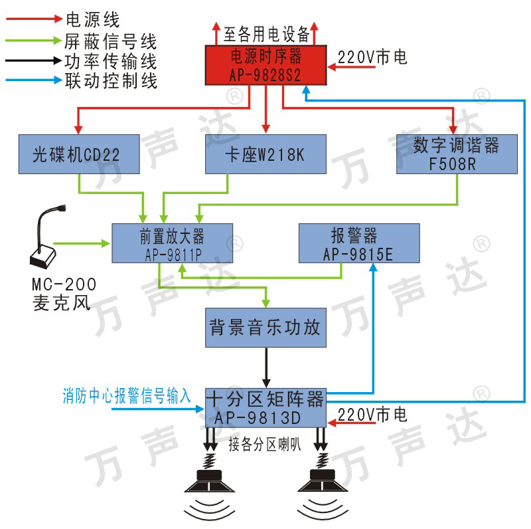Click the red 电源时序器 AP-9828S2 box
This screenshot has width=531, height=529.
coord(265,64)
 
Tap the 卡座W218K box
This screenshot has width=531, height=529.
coord(265,154)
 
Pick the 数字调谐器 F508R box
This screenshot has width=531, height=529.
coord(456,154)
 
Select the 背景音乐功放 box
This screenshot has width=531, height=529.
coord(265,328)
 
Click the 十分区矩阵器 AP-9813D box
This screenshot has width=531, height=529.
coord(265,407)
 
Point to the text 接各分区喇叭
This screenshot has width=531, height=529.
coord(265,443)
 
